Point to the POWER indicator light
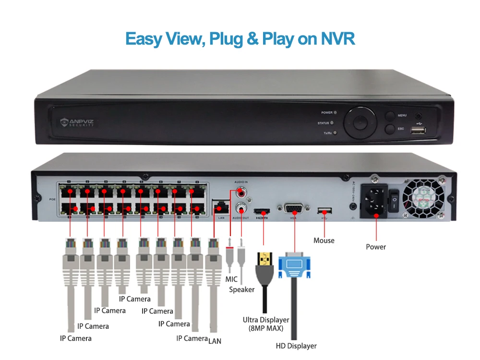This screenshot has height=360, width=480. [x=335, y=112]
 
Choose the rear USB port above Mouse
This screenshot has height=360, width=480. [x=325, y=210]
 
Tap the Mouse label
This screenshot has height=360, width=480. [x=324, y=240]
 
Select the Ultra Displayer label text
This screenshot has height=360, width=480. [x=266, y=320]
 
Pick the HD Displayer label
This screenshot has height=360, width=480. [x=296, y=346]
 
